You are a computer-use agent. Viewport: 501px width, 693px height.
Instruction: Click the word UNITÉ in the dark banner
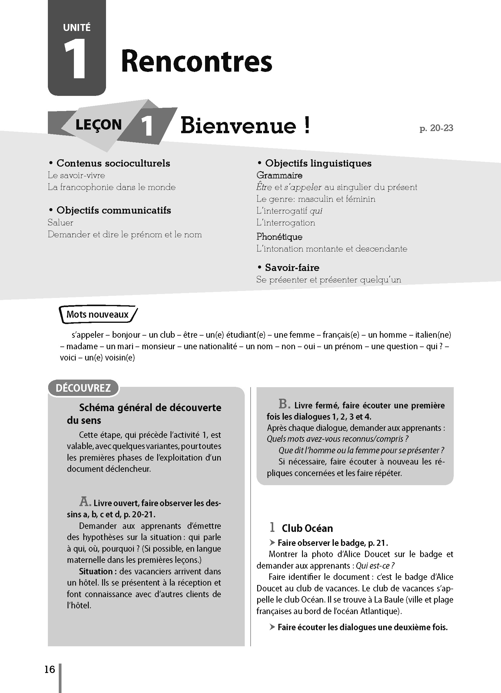(x=77, y=28)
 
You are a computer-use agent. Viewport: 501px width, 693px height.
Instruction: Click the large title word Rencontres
(x=197, y=62)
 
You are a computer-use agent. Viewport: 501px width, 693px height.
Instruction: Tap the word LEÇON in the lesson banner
(x=98, y=125)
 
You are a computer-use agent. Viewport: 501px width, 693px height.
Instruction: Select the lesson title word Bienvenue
(x=238, y=126)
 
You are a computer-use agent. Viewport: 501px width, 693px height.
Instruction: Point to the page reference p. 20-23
(x=436, y=128)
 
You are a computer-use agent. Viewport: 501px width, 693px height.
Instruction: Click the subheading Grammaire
(x=279, y=175)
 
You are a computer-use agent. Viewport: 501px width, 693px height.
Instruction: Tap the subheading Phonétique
(x=279, y=236)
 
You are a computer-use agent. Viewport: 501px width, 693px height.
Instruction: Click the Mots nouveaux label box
(x=98, y=314)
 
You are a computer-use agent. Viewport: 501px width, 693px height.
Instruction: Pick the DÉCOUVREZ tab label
(x=83, y=388)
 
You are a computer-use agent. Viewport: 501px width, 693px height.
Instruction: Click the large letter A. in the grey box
(x=85, y=502)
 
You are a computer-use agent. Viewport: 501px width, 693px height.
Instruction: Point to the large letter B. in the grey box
(x=284, y=404)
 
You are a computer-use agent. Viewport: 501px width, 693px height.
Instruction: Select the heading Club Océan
(x=307, y=528)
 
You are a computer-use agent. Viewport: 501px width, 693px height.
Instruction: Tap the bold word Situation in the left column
(x=96, y=571)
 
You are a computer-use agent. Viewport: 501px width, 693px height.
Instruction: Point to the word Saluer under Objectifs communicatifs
(x=60, y=222)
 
